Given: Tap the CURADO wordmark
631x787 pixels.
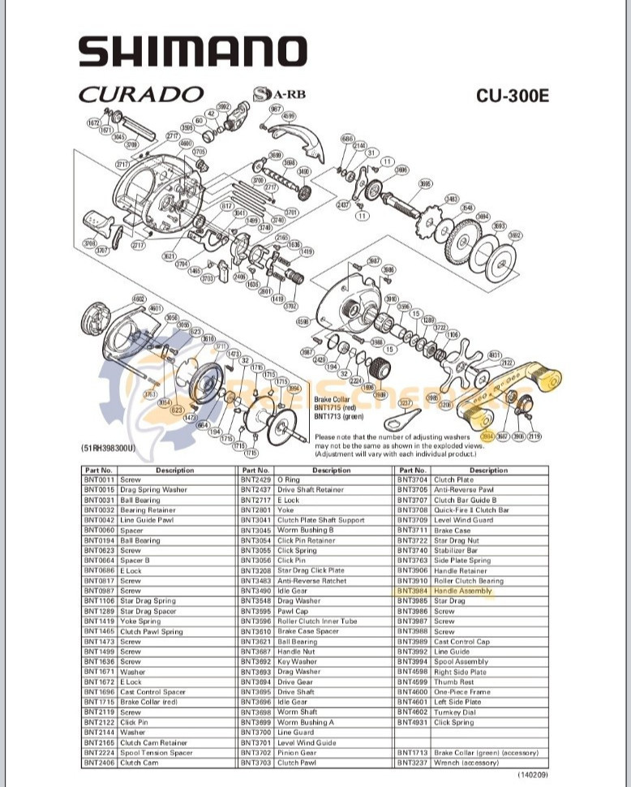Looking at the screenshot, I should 140,94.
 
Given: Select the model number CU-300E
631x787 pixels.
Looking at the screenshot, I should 512,95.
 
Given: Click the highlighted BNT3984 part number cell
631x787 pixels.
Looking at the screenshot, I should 412,591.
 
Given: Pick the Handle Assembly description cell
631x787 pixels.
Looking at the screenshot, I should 463,591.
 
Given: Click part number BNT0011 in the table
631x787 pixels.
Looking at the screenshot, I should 99,480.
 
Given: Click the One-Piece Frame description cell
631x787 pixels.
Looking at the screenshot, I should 461,692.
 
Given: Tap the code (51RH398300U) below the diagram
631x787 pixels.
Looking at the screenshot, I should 108,448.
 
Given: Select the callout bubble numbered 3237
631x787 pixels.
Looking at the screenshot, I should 406,402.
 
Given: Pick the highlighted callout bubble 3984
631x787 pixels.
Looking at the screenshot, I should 487,437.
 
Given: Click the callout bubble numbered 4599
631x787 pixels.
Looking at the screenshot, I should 290,116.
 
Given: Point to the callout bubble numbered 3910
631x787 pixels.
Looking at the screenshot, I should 392,299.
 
